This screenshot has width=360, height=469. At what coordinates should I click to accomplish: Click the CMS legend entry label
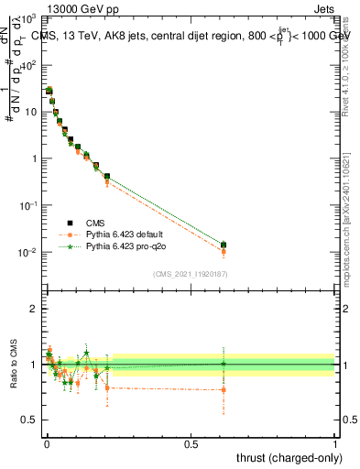tap(96, 223)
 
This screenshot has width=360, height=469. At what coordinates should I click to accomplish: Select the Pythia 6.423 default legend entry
tap(123, 234)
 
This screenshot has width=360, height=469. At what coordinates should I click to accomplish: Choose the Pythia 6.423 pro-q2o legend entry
tap(123, 246)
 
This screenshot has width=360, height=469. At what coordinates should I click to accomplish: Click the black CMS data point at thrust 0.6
tap(223, 245)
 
